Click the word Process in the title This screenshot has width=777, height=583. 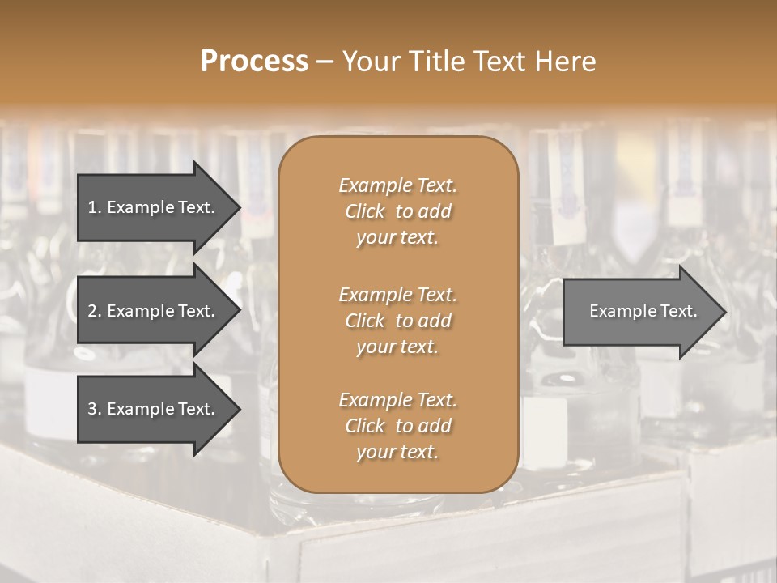[254, 62]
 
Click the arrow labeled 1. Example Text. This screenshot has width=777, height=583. [154, 207]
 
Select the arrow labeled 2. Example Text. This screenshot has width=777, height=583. [154, 311]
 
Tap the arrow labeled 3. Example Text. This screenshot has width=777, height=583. [154, 409]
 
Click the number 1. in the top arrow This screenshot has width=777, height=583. [95, 207]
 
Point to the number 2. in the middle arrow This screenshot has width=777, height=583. [95, 311]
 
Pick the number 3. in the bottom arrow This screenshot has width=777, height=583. [95, 409]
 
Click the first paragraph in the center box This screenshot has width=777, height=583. [397, 211]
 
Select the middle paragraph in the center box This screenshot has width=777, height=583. [397, 321]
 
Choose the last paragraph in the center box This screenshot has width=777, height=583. [397, 426]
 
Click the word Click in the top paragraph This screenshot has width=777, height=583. [364, 211]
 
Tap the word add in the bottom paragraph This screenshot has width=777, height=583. [435, 426]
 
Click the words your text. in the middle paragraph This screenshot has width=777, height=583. [397, 347]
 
